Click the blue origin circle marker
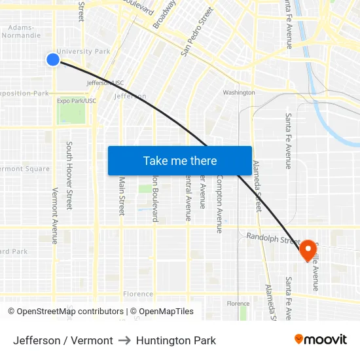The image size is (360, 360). [53, 60]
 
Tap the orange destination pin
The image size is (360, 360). [308, 249]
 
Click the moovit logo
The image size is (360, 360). [321, 340]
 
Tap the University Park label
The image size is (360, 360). [83, 51]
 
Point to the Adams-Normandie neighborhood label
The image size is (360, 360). [25, 32]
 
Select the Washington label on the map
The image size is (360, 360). [238, 92]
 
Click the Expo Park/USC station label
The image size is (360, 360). [76, 101]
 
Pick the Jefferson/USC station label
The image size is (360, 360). [105, 83]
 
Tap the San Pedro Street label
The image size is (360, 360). [197, 31]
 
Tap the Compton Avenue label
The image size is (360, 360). [220, 204]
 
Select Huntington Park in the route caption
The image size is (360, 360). [176, 340]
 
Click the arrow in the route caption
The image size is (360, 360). [124, 340]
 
